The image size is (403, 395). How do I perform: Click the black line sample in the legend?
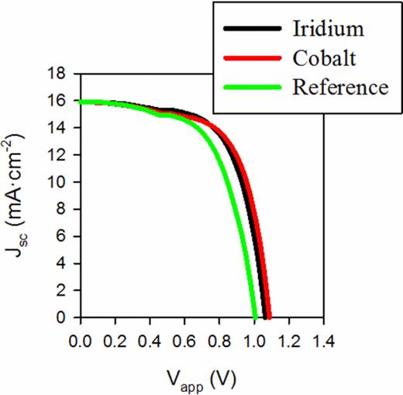click(247, 29)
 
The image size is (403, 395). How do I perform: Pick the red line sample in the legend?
click(247, 58)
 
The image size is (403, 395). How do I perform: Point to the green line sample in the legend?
click(247, 87)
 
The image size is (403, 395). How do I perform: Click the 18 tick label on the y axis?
click(63, 74)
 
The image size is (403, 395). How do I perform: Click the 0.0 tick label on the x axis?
click(80, 340)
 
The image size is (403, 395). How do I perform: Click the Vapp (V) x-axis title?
click(201, 378)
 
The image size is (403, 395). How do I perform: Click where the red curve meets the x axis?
click(270, 317)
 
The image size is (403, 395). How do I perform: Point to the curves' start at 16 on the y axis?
click(81, 102)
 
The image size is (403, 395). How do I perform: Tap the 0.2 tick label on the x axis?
click(115, 340)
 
